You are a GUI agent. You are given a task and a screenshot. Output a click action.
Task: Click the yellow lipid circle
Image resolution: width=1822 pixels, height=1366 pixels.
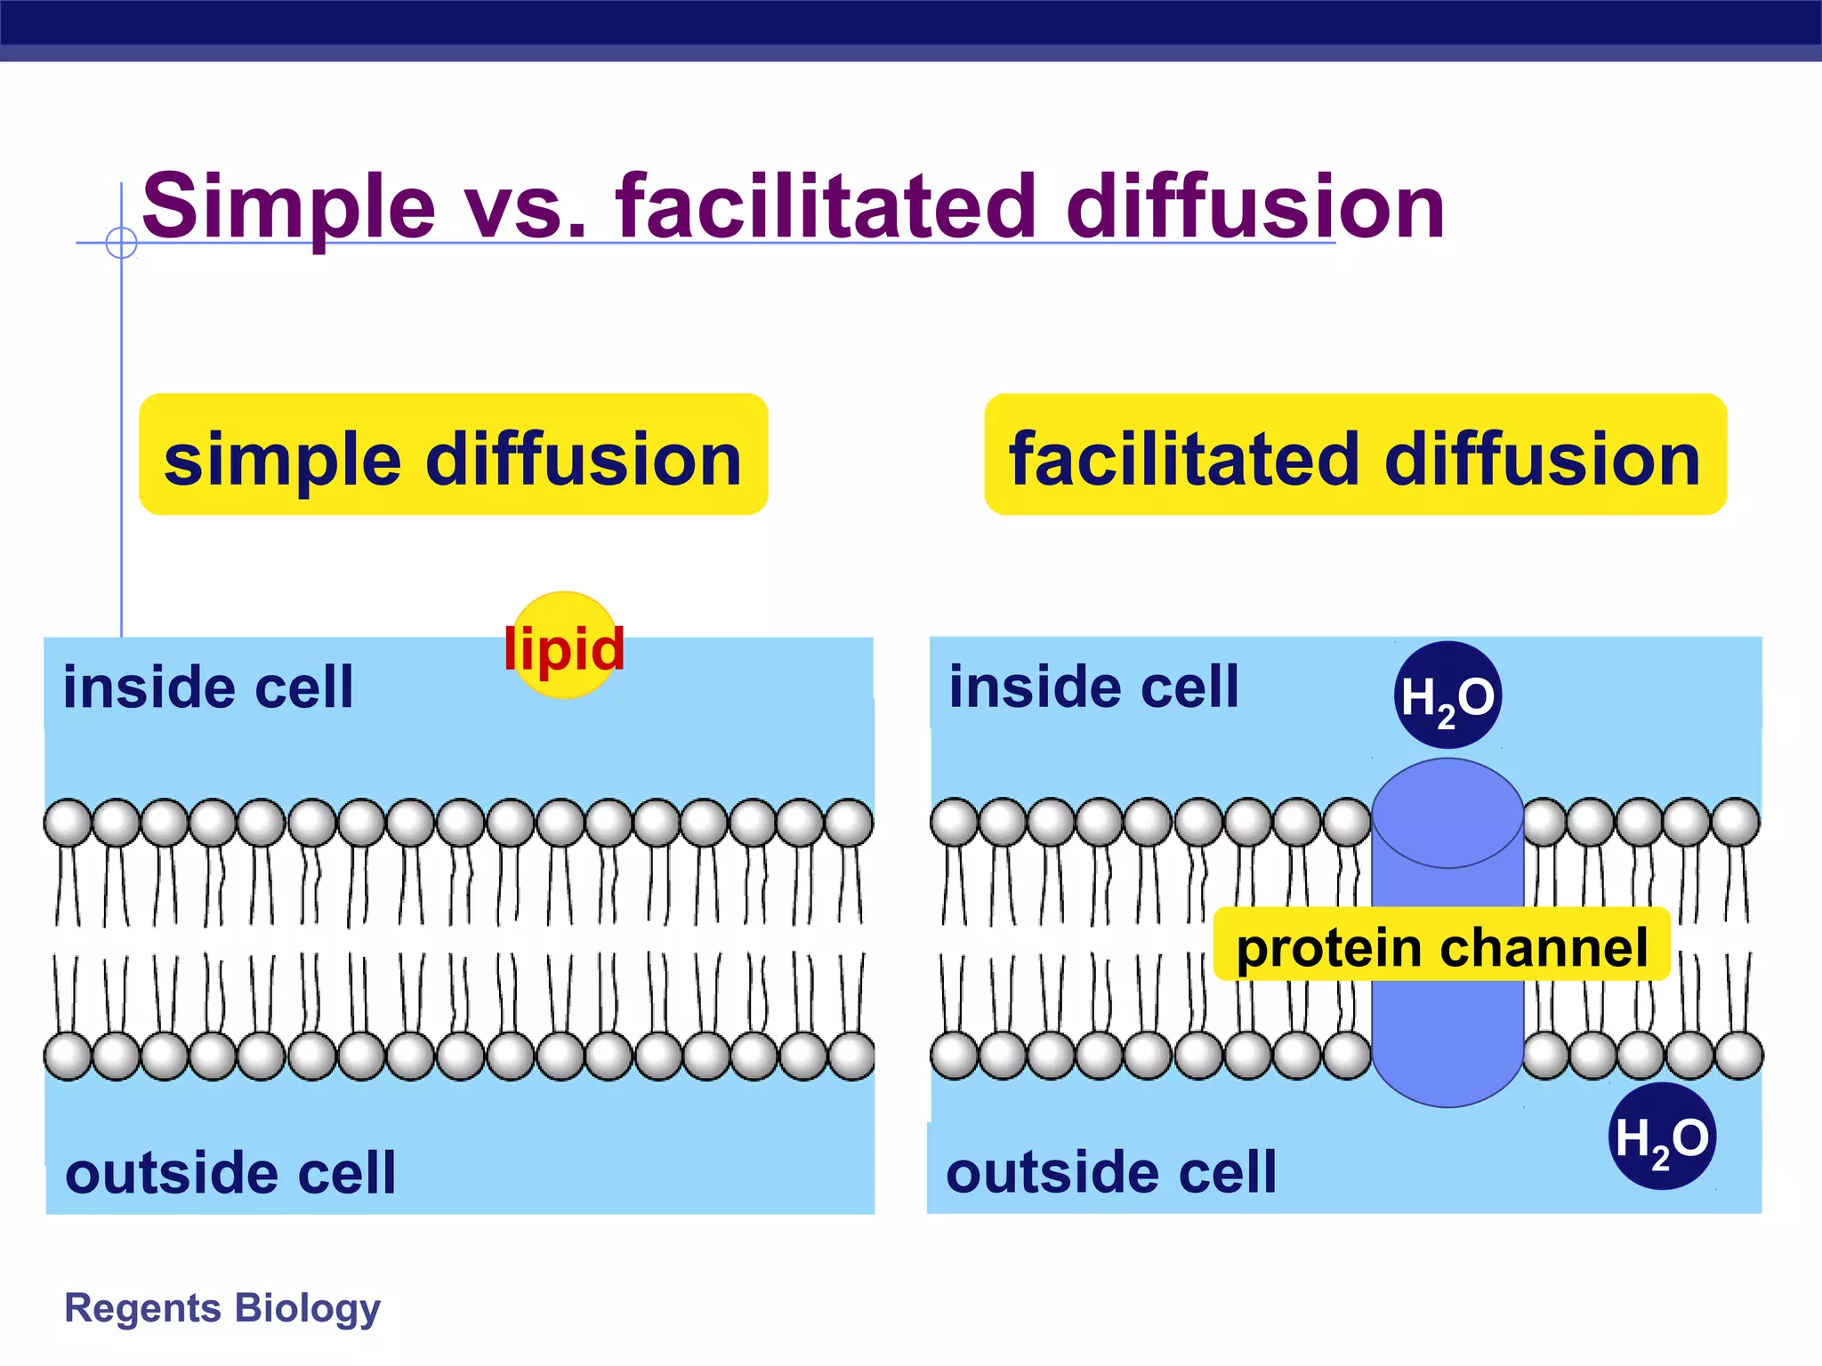pos(564,645)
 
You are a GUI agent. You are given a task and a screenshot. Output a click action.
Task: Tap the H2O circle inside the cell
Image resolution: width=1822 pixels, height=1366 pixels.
pos(1447,695)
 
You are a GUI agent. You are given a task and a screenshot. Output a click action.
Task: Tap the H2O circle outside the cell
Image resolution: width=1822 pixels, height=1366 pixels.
pos(1662,1137)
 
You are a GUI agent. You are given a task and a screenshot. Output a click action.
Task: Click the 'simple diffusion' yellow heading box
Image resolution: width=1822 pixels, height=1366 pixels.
pos(453,455)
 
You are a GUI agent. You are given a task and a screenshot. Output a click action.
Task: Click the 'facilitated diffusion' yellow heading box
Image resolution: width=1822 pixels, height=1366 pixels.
pos(1354,455)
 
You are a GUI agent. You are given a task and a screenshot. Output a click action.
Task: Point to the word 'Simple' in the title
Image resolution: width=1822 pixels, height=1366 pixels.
pos(288,206)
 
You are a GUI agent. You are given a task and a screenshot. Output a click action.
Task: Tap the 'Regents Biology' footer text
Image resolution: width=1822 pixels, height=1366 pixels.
pos(222,1307)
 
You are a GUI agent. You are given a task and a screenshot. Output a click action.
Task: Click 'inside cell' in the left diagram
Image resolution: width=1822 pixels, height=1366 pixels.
pos(208,687)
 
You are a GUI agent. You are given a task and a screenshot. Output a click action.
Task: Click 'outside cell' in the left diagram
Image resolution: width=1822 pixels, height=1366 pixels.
pos(230,1173)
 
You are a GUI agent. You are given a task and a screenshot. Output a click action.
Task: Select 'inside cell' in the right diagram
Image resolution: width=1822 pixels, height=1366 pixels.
pos(1093,687)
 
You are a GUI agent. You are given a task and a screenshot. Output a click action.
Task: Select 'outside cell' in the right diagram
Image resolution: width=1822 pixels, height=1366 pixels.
pos(1111,1172)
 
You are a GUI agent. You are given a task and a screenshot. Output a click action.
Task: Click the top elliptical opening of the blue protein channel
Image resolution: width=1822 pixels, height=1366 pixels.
pos(1447,813)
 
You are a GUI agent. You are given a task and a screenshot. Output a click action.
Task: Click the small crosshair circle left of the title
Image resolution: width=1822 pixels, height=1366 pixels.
pos(121,242)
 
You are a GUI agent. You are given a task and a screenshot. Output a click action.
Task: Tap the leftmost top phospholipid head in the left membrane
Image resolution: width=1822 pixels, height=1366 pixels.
pos(68,823)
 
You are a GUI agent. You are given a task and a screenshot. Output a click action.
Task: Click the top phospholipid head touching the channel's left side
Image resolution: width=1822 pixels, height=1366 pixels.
pos(1347,823)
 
